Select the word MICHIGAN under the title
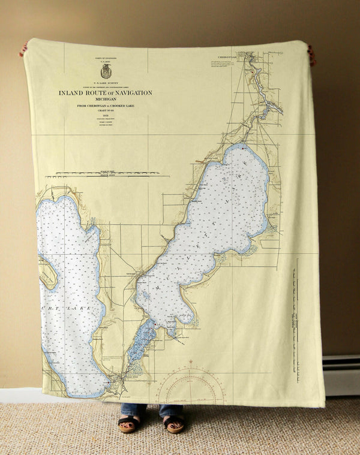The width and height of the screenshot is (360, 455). [105, 99]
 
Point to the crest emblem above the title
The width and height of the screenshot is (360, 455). [106, 71]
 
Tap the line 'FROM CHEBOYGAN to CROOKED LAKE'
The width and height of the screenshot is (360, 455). [106, 106]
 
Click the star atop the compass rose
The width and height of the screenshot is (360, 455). [191, 362]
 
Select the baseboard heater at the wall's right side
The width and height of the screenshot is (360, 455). [341, 375]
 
